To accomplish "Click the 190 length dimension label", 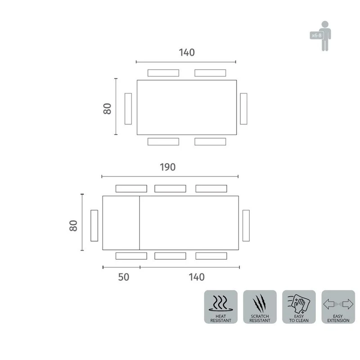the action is pos(167,167).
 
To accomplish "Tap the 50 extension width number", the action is pos(123,277).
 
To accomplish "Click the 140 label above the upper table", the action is pos(187,53).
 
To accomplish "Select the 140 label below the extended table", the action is pos(197,277).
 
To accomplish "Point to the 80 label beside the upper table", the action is pos(107,108).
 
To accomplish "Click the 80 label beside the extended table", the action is pos(73,225).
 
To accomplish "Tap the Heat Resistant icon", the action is pos(220,307).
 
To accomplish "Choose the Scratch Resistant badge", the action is pos(260,307).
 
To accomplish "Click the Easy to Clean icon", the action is pos(299,307).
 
